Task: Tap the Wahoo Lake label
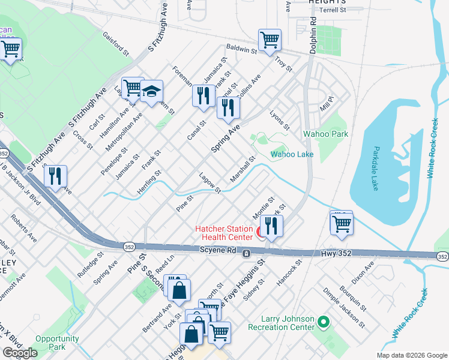click(x=292, y=154)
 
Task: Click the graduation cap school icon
click(x=152, y=91)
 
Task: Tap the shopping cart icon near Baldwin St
click(x=270, y=41)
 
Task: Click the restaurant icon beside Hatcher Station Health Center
click(x=271, y=226)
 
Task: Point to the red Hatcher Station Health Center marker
click(x=261, y=232)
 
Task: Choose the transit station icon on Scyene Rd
click(x=246, y=254)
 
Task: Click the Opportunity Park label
click(x=57, y=343)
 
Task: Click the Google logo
click(x=20, y=353)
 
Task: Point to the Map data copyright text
click(x=411, y=355)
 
